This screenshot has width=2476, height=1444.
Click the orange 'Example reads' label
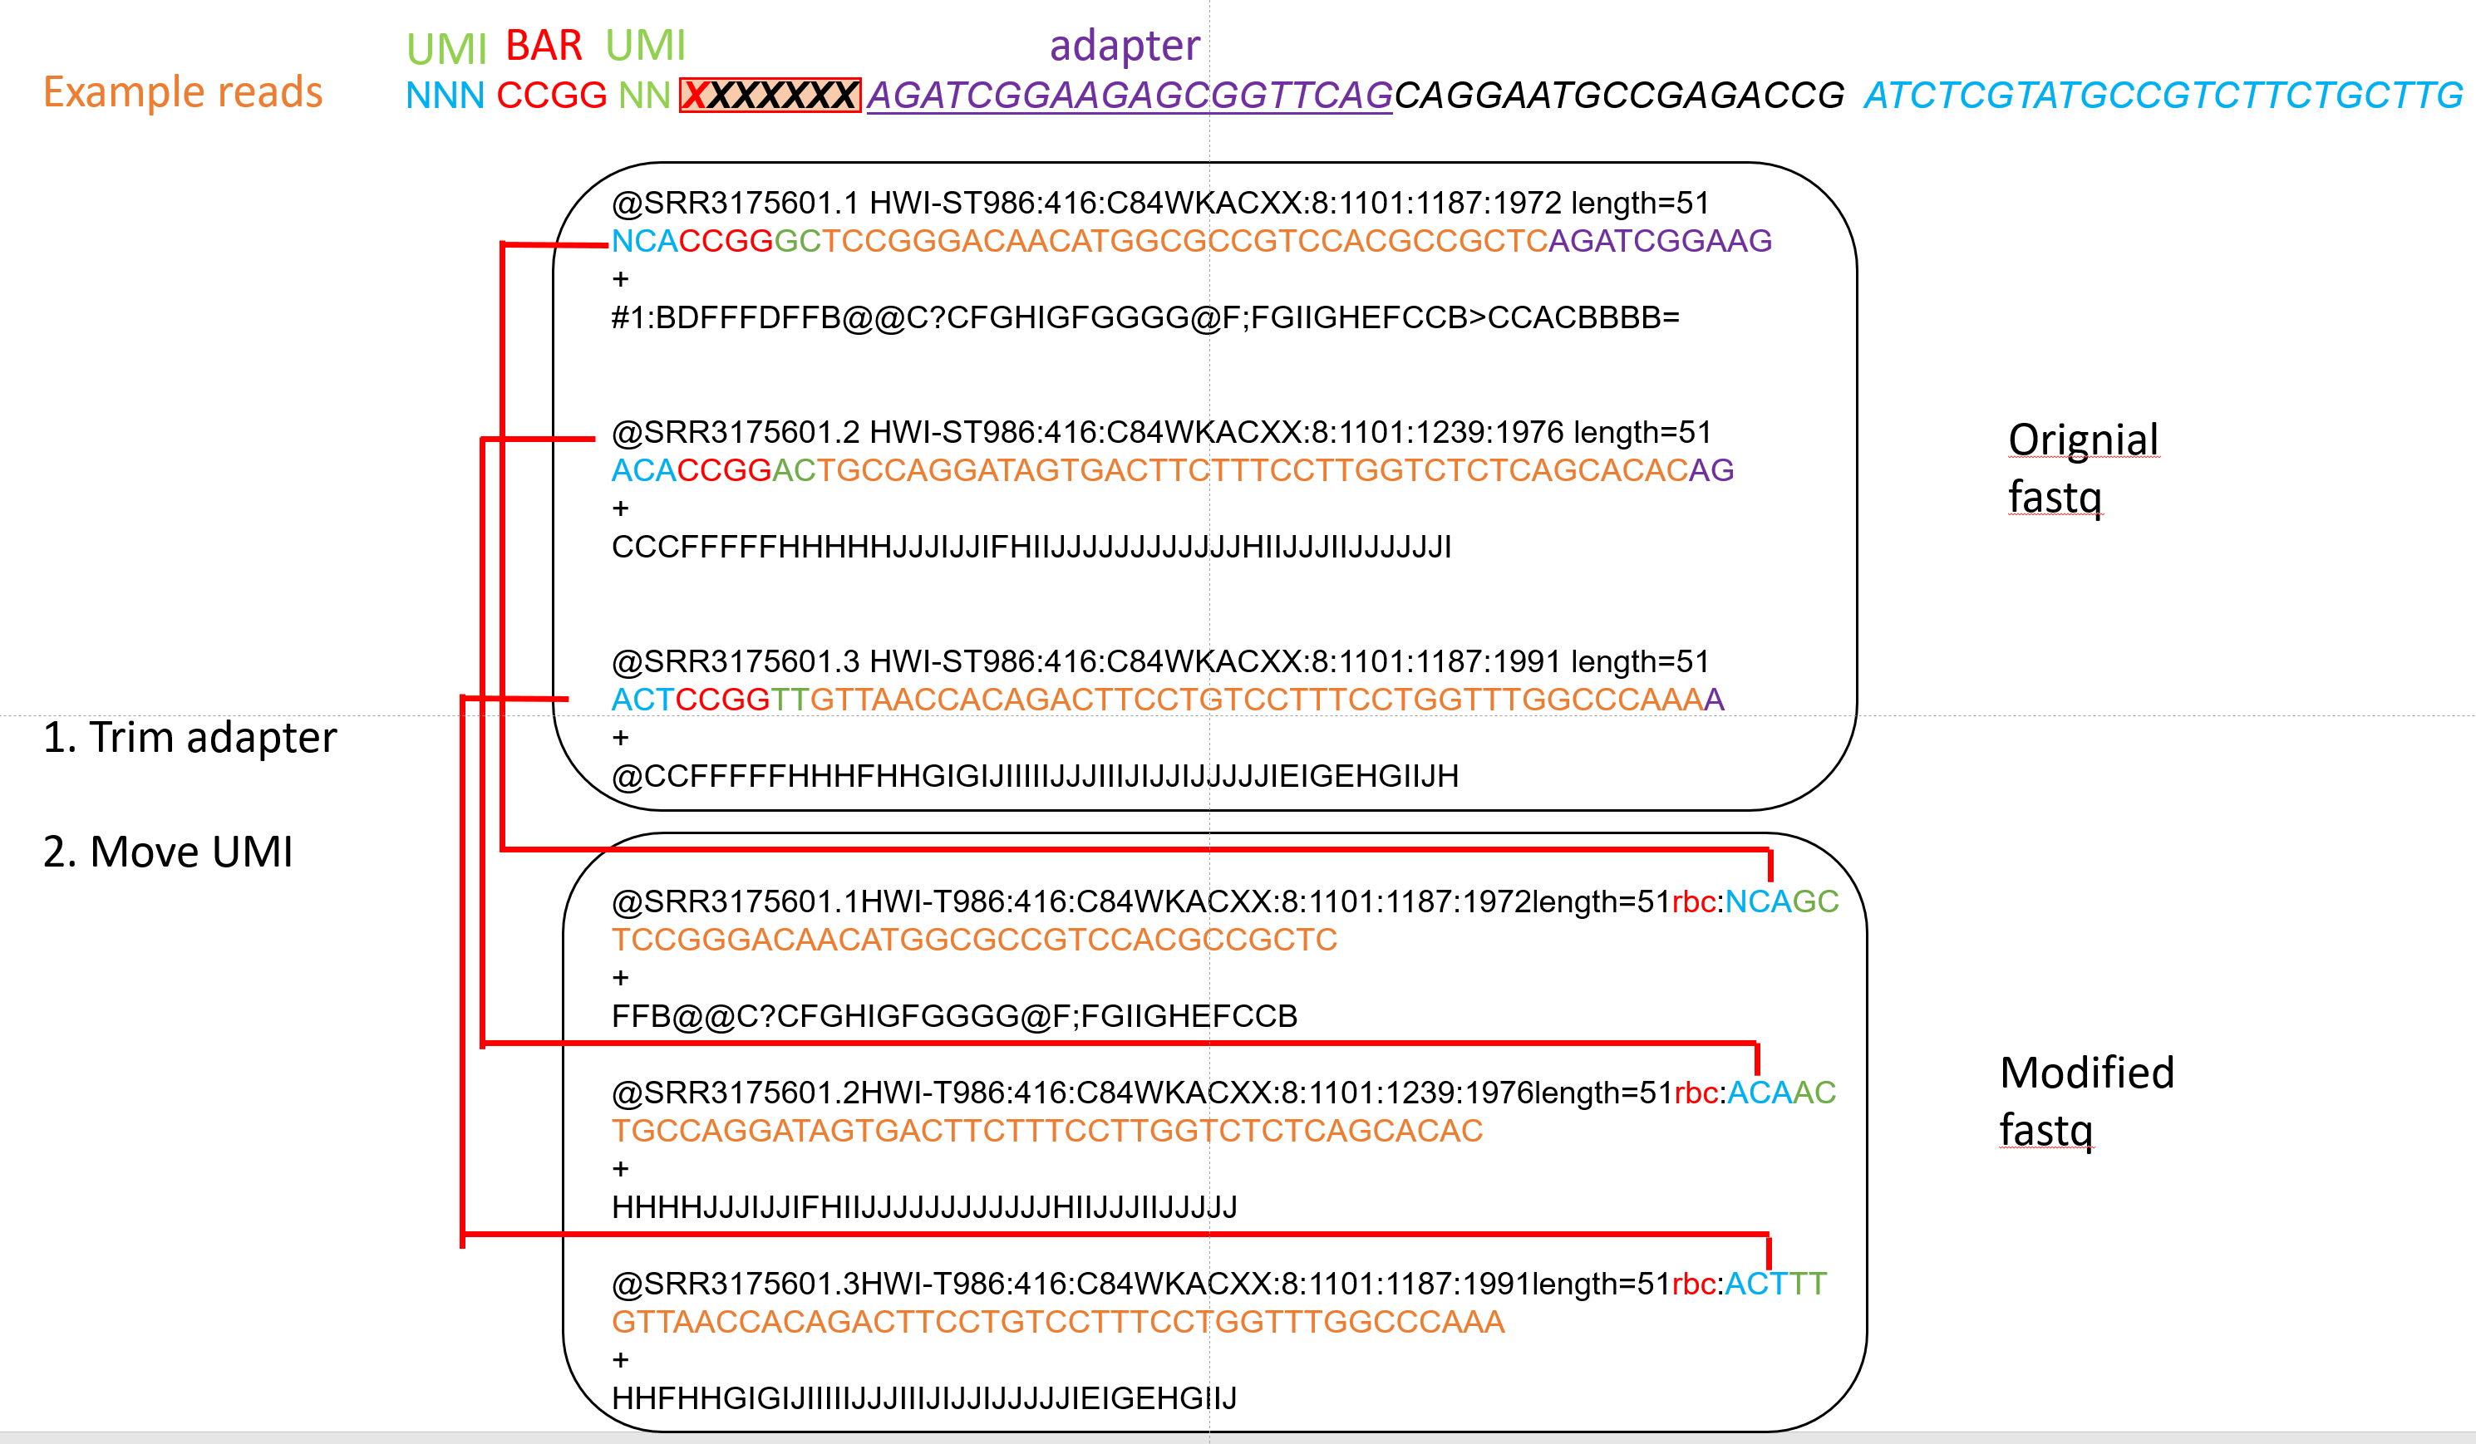click(x=183, y=92)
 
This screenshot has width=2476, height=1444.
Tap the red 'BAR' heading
click(x=544, y=47)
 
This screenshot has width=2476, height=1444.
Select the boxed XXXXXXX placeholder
click(x=770, y=96)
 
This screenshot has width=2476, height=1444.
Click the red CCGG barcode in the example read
click(x=551, y=96)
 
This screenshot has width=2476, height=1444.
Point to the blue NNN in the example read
click(x=445, y=96)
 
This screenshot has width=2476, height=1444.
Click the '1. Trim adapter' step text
click(x=190, y=738)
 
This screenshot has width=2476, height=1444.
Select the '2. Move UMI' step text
click(x=168, y=852)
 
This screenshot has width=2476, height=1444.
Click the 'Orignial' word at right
click(x=2083, y=440)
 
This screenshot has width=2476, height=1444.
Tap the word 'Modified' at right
click(x=2087, y=1073)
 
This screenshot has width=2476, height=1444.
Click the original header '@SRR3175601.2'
click(x=735, y=432)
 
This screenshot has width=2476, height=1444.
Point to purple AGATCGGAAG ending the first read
click(x=1660, y=241)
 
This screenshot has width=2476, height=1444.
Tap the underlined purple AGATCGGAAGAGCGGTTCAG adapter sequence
click(x=1129, y=96)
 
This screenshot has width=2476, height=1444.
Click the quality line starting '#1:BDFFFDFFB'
click(x=1144, y=317)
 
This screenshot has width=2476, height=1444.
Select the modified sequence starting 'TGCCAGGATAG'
click(x=1046, y=1131)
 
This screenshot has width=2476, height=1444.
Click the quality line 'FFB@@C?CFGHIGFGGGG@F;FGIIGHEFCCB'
click(x=953, y=1016)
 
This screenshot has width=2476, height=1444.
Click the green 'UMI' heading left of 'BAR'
click(x=446, y=48)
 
